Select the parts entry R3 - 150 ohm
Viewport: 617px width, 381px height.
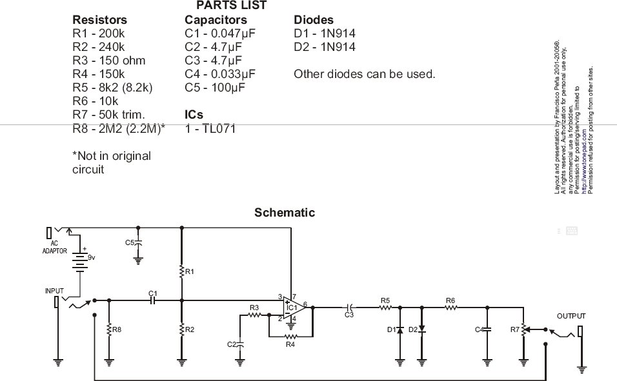(108, 61)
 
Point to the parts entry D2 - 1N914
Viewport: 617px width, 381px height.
(324, 47)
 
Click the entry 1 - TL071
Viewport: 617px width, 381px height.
(210, 129)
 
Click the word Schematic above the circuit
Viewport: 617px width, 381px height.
(285, 212)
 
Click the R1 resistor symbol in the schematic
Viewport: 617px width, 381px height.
(182, 272)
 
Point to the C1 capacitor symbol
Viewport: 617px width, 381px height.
(153, 300)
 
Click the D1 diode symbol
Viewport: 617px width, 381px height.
(400, 329)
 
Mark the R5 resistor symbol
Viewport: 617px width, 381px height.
(385, 308)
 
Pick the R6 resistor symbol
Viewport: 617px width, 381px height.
(450, 308)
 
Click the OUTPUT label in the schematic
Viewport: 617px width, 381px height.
(571, 317)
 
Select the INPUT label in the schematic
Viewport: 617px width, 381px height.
(55, 291)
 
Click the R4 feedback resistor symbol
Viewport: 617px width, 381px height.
(290, 337)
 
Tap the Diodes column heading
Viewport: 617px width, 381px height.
(314, 20)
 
